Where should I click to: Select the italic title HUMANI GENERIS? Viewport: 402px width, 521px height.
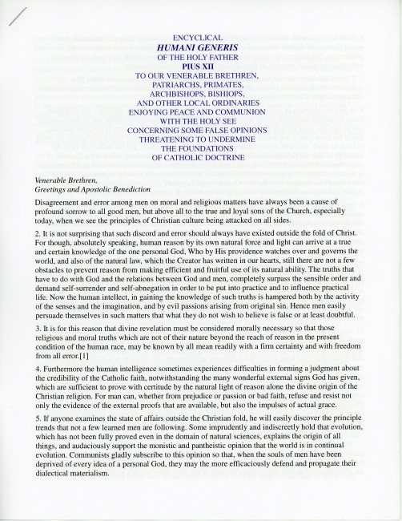point(200,49)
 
